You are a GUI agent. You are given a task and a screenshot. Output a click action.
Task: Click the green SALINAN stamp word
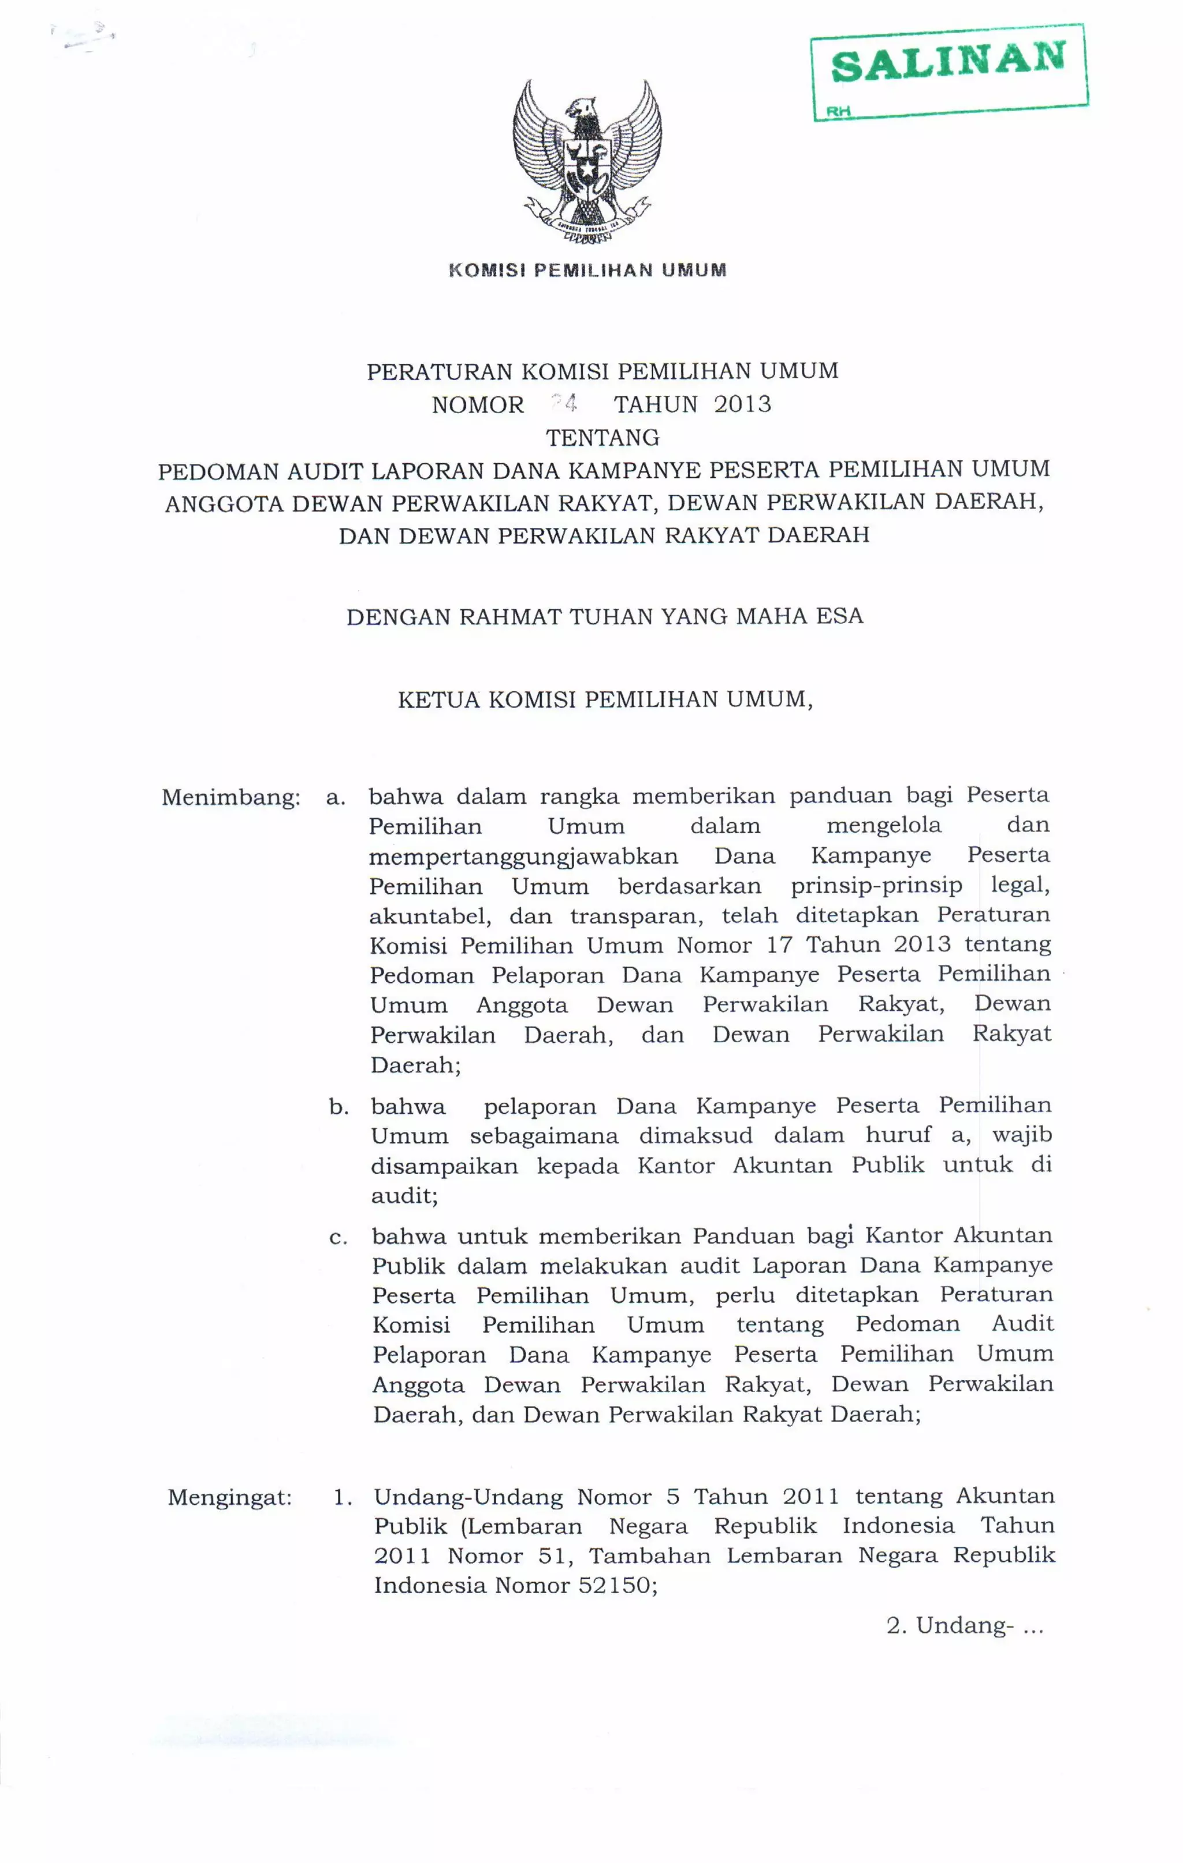point(948,62)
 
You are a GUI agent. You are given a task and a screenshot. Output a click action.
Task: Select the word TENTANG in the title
point(602,438)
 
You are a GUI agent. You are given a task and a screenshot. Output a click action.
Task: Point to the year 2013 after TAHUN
point(742,404)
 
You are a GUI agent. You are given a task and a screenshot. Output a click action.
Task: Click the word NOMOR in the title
point(477,404)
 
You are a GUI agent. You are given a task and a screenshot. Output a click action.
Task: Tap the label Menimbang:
point(230,797)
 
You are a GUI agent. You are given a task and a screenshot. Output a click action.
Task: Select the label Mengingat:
point(230,1498)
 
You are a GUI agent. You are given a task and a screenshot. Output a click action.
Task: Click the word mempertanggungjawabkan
point(523,856)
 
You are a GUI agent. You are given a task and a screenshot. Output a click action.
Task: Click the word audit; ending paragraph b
point(404,1196)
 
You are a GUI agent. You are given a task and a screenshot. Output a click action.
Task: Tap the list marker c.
point(338,1238)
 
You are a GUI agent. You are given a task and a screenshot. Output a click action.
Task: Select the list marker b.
point(338,1107)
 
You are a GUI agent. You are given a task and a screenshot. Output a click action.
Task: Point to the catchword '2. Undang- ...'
point(964,1626)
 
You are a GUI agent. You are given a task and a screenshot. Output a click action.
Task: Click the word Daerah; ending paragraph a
point(415,1066)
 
